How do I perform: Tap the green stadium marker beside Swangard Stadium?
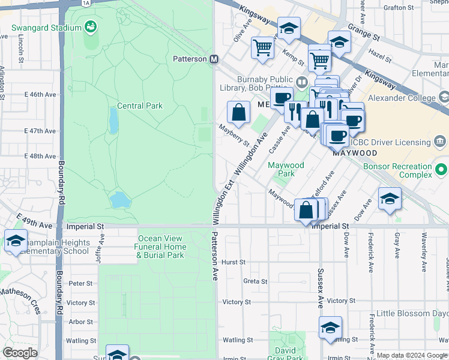click(91, 27)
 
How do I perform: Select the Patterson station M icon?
click(213, 59)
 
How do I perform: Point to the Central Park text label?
click(140, 106)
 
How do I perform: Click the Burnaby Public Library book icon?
click(301, 82)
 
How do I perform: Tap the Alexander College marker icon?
click(444, 96)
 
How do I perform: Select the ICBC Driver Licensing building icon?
click(440, 142)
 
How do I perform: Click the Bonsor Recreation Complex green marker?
click(442, 169)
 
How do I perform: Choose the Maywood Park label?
click(286, 169)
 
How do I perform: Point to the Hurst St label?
click(234, 262)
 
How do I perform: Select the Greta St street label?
click(255, 281)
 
